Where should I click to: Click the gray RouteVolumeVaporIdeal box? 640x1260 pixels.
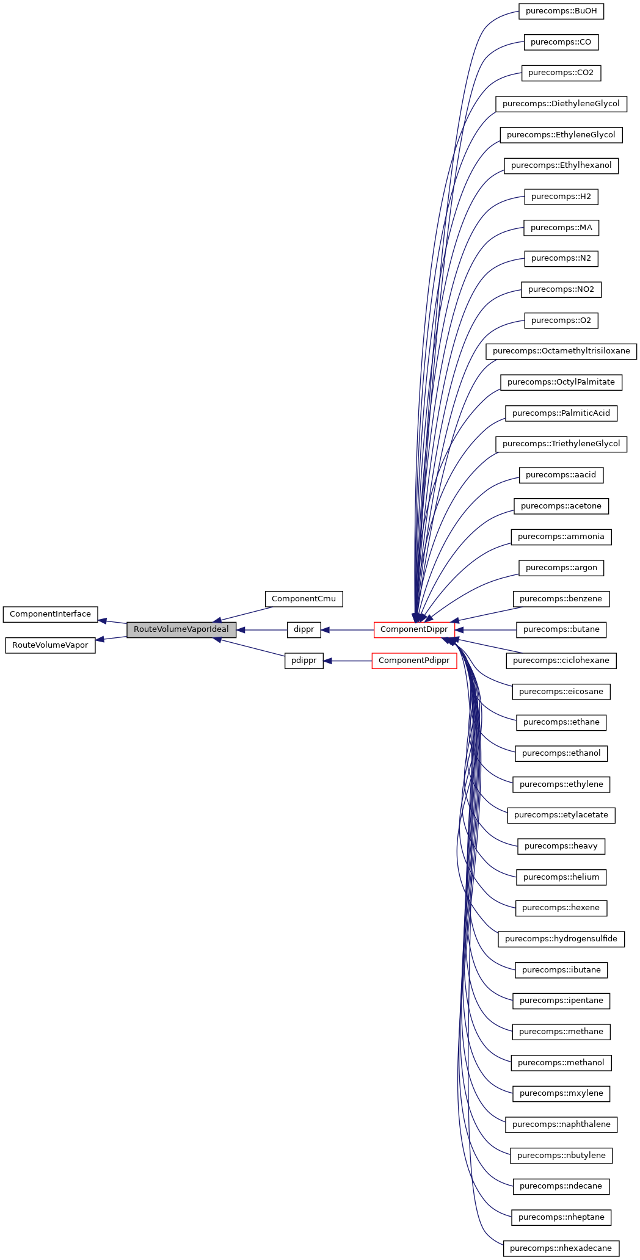[x=181, y=629]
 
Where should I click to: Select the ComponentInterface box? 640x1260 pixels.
[x=50, y=614]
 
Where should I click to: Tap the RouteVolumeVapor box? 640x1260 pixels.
[x=50, y=645]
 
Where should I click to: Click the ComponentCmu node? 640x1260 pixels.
[x=304, y=599]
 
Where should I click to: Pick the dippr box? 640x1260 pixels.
[x=304, y=629]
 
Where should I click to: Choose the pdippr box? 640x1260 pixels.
[x=304, y=661]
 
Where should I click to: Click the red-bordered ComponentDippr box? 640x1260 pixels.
[x=414, y=629]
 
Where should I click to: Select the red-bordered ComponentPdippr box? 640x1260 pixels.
[x=414, y=661]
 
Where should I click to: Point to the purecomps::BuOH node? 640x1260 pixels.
[x=561, y=11]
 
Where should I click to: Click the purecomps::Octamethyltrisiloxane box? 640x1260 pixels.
[x=561, y=351]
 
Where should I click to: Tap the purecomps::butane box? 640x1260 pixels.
[x=561, y=629]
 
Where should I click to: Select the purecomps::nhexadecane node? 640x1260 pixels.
[x=561, y=1248]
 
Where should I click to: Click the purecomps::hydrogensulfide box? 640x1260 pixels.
[x=561, y=939]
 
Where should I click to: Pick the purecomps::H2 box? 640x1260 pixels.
[x=561, y=197]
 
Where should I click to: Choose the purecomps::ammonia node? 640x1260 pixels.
[x=561, y=537]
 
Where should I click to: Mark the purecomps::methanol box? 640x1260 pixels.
[x=561, y=1063]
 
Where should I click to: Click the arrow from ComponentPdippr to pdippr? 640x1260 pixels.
[x=348, y=661]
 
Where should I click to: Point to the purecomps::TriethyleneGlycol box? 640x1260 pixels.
[x=561, y=444]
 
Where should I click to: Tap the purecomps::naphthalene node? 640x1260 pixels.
[x=561, y=1124]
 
